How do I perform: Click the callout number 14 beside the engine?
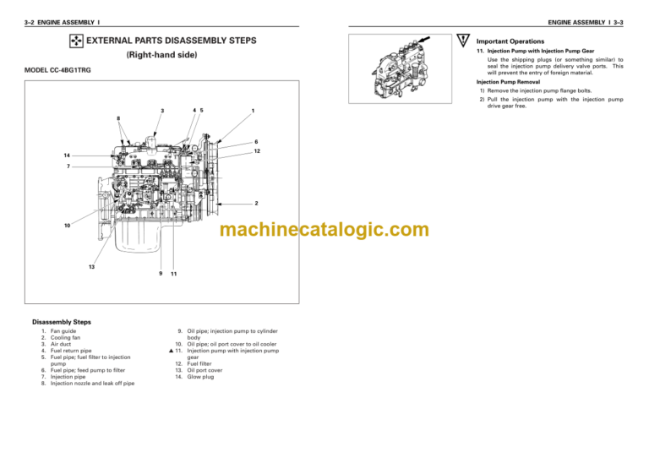(x=66, y=156)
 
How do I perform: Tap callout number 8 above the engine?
(x=119, y=117)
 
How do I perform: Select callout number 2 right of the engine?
(x=256, y=204)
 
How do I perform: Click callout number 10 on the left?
(x=66, y=226)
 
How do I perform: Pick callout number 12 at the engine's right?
(x=256, y=151)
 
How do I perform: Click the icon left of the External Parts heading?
(x=75, y=41)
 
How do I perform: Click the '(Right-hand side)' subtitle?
(x=161, y=55)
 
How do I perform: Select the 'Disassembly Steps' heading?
(x=63, y=322)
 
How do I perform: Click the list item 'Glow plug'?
(x=200, y=377)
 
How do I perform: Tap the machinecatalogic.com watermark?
(x=324, y=230)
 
